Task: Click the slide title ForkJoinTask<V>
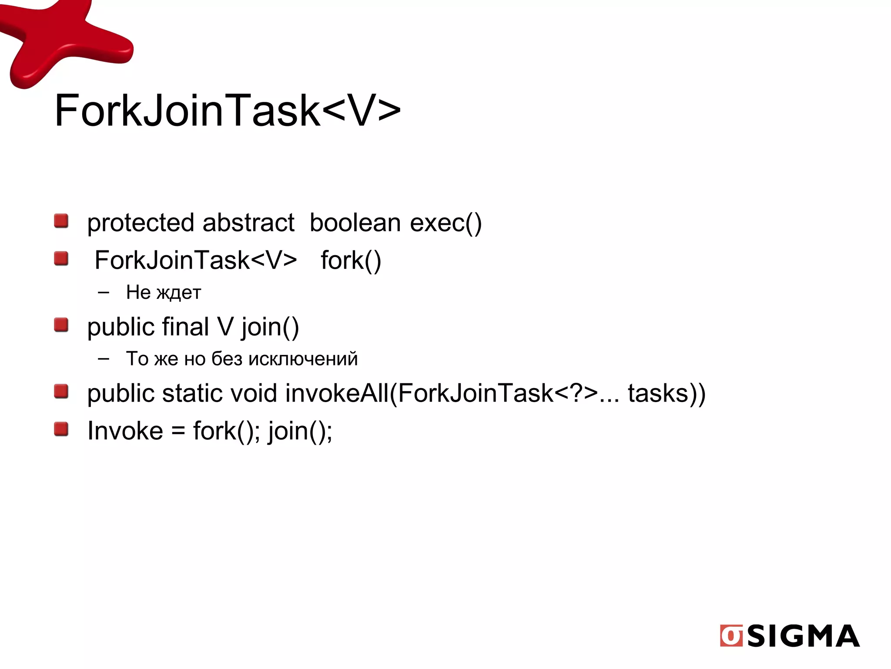click(x=227, y=111)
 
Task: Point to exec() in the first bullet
click(x=446, y=223)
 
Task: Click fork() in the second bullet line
click(x=351, y=260)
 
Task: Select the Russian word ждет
click(x=179, y=293)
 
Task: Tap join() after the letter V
click(x=270, y=328)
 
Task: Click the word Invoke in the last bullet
click(x=125, y=431)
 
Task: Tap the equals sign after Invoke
click(x=178, y=432)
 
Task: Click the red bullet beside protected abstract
click(x=61, y=221)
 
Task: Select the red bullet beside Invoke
click(x=61, y=429)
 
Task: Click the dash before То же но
click(x=104, y=359)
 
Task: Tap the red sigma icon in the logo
click(x=731, y=636)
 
